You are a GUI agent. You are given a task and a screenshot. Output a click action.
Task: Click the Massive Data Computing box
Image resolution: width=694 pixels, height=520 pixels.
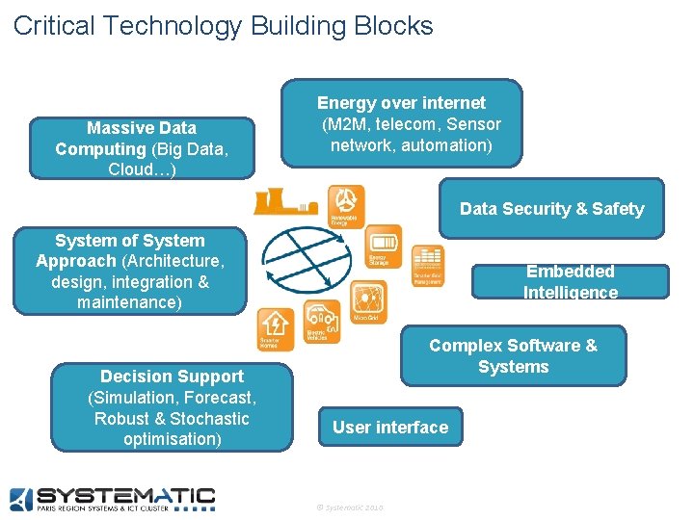point(142,148)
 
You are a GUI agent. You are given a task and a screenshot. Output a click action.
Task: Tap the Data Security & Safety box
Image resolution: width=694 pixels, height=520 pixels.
point(551,208)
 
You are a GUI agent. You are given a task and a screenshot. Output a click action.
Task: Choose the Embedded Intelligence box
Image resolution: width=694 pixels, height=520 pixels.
point(570,281)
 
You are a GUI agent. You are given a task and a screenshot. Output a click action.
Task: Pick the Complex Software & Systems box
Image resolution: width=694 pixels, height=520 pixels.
point(513,356)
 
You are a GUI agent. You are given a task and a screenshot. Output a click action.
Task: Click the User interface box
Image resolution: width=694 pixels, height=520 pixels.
point(390,428)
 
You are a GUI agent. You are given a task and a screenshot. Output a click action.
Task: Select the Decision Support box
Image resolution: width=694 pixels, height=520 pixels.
point(172,407)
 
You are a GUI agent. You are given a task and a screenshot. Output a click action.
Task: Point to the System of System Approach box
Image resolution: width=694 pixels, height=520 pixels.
point(129,271)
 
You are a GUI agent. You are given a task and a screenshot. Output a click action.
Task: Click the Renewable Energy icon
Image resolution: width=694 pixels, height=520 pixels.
point(346,205)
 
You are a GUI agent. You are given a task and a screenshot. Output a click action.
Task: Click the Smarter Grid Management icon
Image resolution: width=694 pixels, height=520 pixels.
point(428,265)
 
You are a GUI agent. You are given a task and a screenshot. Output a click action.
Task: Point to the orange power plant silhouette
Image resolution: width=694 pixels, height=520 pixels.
point(284,202)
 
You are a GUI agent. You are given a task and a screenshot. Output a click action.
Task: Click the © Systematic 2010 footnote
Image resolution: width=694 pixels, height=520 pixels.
point(349,507)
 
